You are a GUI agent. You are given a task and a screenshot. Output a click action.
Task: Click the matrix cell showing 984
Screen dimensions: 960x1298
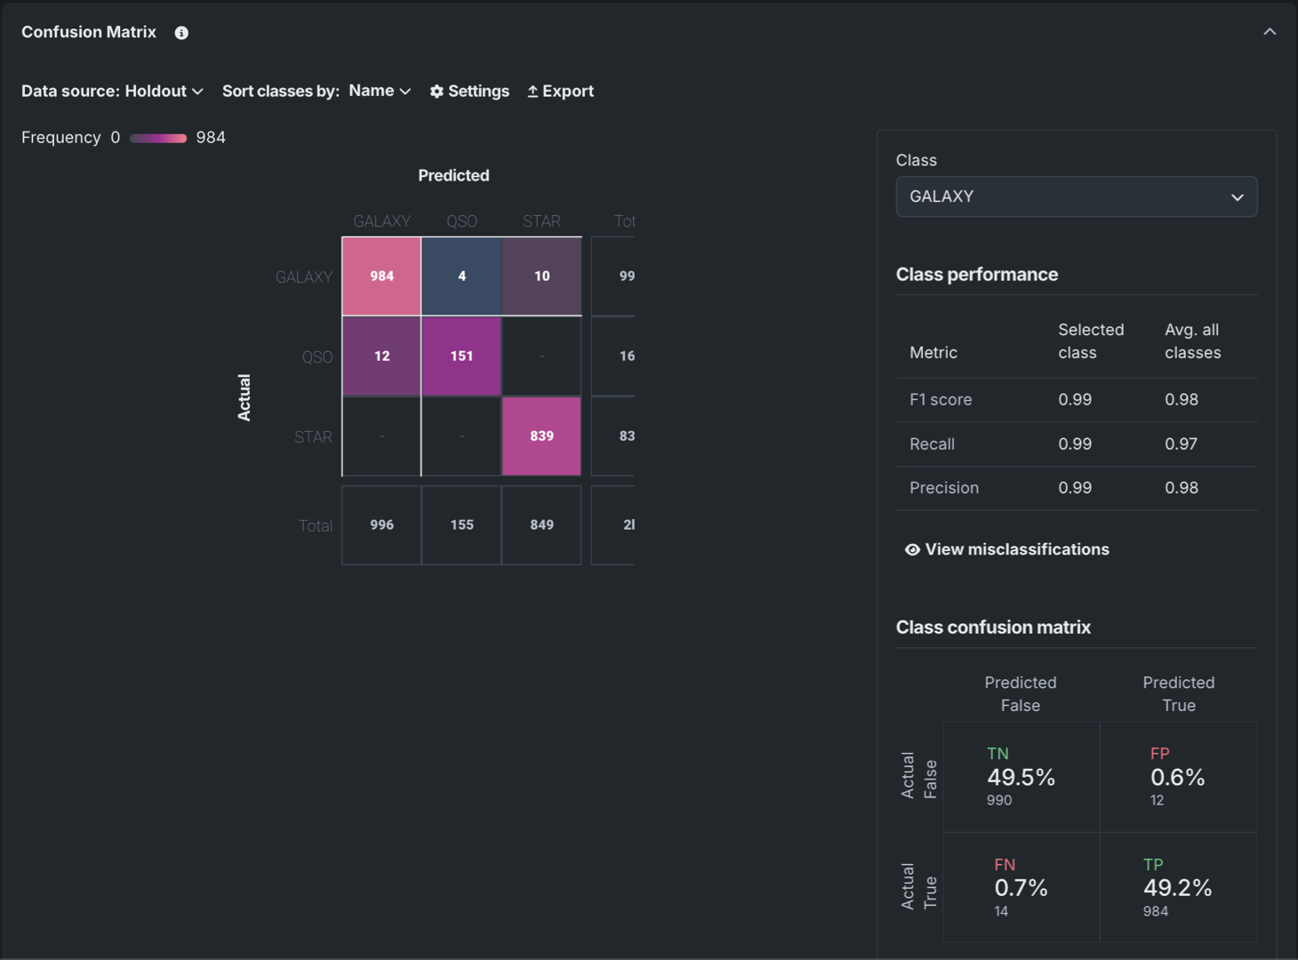pos(381,276)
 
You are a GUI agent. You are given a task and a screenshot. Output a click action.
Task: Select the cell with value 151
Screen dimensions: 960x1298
pos(461,356)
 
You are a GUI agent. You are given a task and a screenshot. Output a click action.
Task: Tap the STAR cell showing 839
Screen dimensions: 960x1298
pos(541,436)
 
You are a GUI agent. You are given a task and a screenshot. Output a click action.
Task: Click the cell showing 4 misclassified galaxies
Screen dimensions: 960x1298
pos(461,276)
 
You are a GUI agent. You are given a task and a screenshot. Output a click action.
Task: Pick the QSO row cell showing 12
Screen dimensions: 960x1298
pos(381,356)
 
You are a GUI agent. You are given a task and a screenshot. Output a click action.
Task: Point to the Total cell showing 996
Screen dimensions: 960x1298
pos(381,525)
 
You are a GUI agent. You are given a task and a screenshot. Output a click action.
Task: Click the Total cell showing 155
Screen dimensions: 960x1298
pos(461,525)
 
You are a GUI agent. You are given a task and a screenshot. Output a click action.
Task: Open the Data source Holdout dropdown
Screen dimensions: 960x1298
pos(113,92)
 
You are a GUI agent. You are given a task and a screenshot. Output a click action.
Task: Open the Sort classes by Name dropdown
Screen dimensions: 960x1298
pos(380,91)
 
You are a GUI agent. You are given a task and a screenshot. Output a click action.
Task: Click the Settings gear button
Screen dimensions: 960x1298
pos(469,92)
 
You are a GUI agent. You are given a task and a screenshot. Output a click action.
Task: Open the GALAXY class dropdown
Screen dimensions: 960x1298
pos(1076,196)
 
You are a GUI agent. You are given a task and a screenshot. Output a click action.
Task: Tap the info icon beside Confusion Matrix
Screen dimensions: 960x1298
pos(181,33)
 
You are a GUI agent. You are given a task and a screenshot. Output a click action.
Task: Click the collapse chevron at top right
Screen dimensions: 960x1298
pos(1270,32)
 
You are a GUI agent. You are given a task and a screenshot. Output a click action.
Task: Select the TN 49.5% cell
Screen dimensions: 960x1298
pos(1021,777)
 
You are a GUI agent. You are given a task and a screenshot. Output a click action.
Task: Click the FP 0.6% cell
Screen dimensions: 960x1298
pos(1177,777)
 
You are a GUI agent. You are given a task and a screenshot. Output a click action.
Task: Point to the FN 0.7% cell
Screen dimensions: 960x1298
pos(1021,887)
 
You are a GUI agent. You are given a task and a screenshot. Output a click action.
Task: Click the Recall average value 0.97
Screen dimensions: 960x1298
pos(1181,444)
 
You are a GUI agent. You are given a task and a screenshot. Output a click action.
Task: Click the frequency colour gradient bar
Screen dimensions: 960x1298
pos(158,139)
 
